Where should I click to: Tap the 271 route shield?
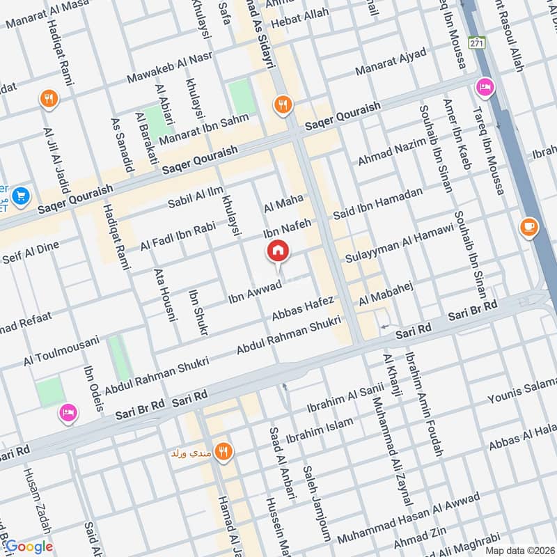pyautogui.click(x=476, y=42)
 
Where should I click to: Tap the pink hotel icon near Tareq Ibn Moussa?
pyautogui.click(x=483, y=88)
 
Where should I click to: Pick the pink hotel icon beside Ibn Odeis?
pyautogui.click(x=67, y=412)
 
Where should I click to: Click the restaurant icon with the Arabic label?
pyautogui.click(x=223, y=452)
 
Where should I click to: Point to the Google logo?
pyautogui.click(x=29, y=547)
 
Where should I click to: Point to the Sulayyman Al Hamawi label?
pyautogui.click(x=400, y=243)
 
